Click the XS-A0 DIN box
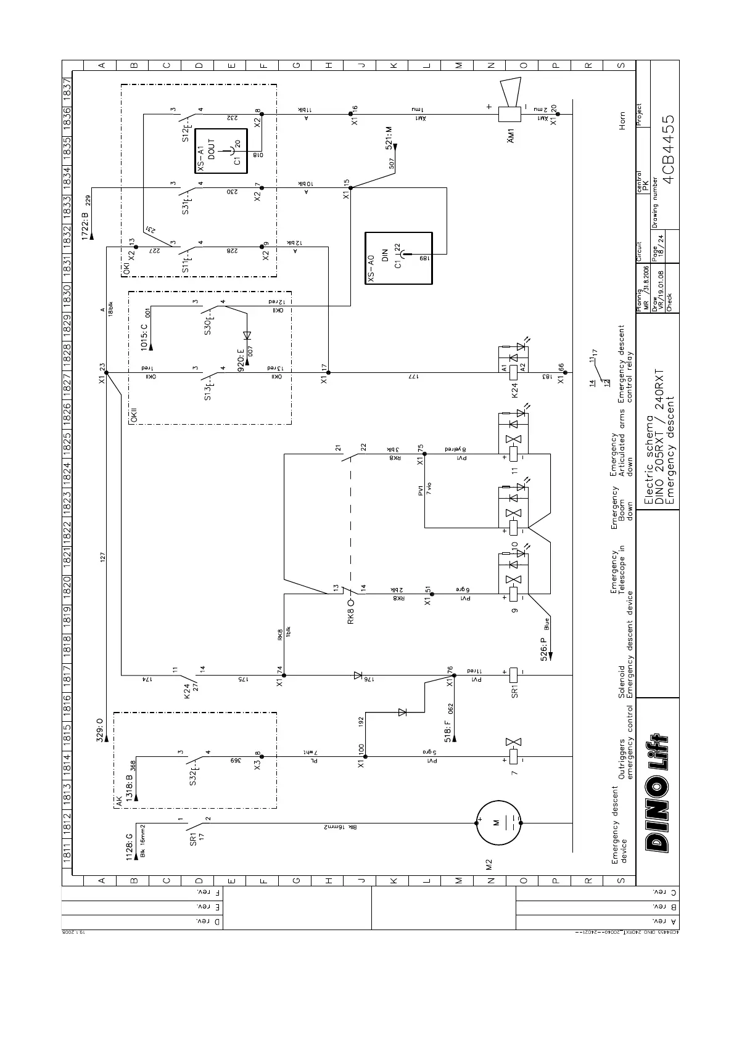(398, 258)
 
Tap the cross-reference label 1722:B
(85, 223)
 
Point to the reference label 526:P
(545, 644)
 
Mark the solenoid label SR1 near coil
(514, 690)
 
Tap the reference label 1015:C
(144, 337)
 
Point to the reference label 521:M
(389, 137)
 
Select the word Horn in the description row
(622, 120)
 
